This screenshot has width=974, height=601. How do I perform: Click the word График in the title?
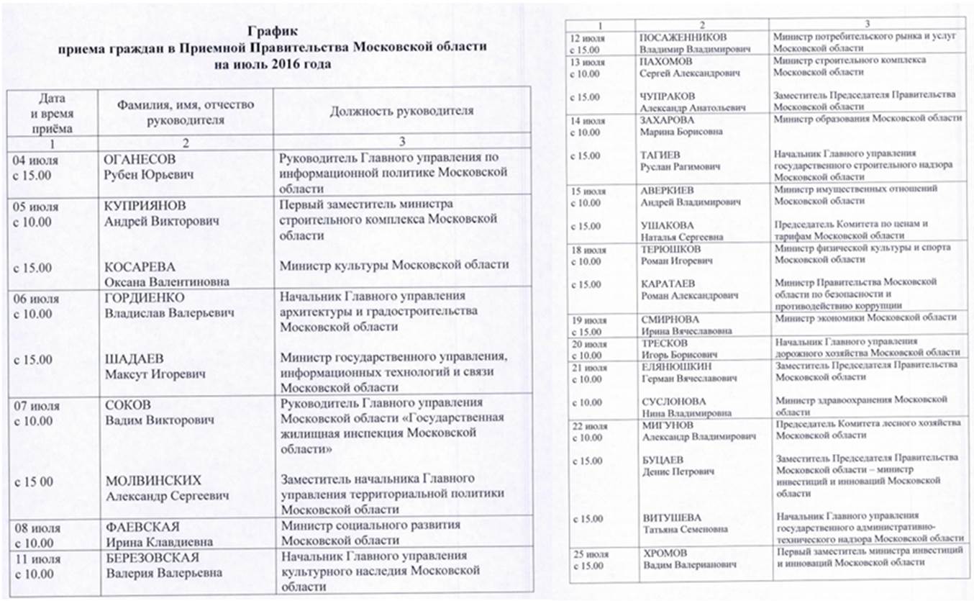click(x=272, y=31)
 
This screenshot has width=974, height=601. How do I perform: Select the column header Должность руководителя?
click(x=401, y=111)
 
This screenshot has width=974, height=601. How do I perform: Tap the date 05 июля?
click(x=36, y=207)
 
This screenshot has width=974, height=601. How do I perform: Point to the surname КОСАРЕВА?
click(x=138, y=268)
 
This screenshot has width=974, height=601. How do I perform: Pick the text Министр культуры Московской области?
click(x=394, y=265)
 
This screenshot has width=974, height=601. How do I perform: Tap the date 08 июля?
click(x=37, y=528)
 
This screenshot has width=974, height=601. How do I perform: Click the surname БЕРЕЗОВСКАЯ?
click(x=151, y=559)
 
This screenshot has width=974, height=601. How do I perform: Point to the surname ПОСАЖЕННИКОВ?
click(x=683, y=37)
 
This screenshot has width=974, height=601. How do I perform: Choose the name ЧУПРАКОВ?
click(x=668, y=95)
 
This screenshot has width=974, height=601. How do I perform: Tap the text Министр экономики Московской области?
click(x=865, y=317)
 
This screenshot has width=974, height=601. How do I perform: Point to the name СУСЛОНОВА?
click(x=673, y=400)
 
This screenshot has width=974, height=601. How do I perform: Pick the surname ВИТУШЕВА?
click(x=670, y=518)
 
